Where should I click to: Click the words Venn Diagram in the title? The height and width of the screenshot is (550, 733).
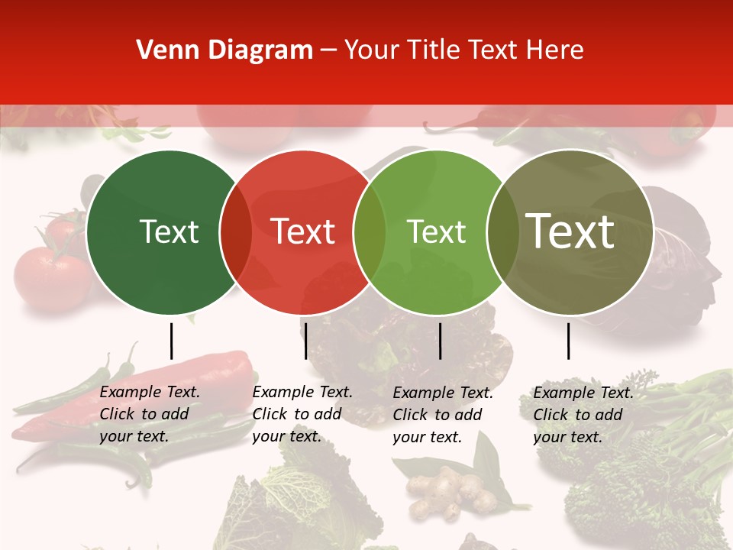click(224, 50)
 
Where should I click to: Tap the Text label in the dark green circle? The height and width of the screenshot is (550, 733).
click(169, 232)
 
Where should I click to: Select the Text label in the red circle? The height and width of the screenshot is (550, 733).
click(303, 232)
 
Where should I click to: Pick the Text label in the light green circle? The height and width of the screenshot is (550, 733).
click(436, 232)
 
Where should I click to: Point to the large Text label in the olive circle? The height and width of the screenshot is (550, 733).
click(570, 231)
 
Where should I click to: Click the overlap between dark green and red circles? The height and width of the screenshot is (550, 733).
click(236, 232)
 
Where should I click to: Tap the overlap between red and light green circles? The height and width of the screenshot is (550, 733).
click(370, 232)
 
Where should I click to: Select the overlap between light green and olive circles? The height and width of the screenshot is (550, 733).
click(502, 232)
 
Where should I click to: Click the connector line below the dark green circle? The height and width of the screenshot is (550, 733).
click(171, 341)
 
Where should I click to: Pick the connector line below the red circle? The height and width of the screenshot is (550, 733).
click(305, 341)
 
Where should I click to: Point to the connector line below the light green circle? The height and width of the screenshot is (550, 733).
click(440, 341)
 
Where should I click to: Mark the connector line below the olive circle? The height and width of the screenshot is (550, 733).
click(568, 341)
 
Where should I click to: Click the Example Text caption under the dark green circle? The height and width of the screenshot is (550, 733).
click(150, 414)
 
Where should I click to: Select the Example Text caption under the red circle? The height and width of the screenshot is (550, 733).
click(302, 414)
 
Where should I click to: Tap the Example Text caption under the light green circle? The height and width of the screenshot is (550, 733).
click(443, 415)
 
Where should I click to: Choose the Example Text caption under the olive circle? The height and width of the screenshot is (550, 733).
click(583, 415)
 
